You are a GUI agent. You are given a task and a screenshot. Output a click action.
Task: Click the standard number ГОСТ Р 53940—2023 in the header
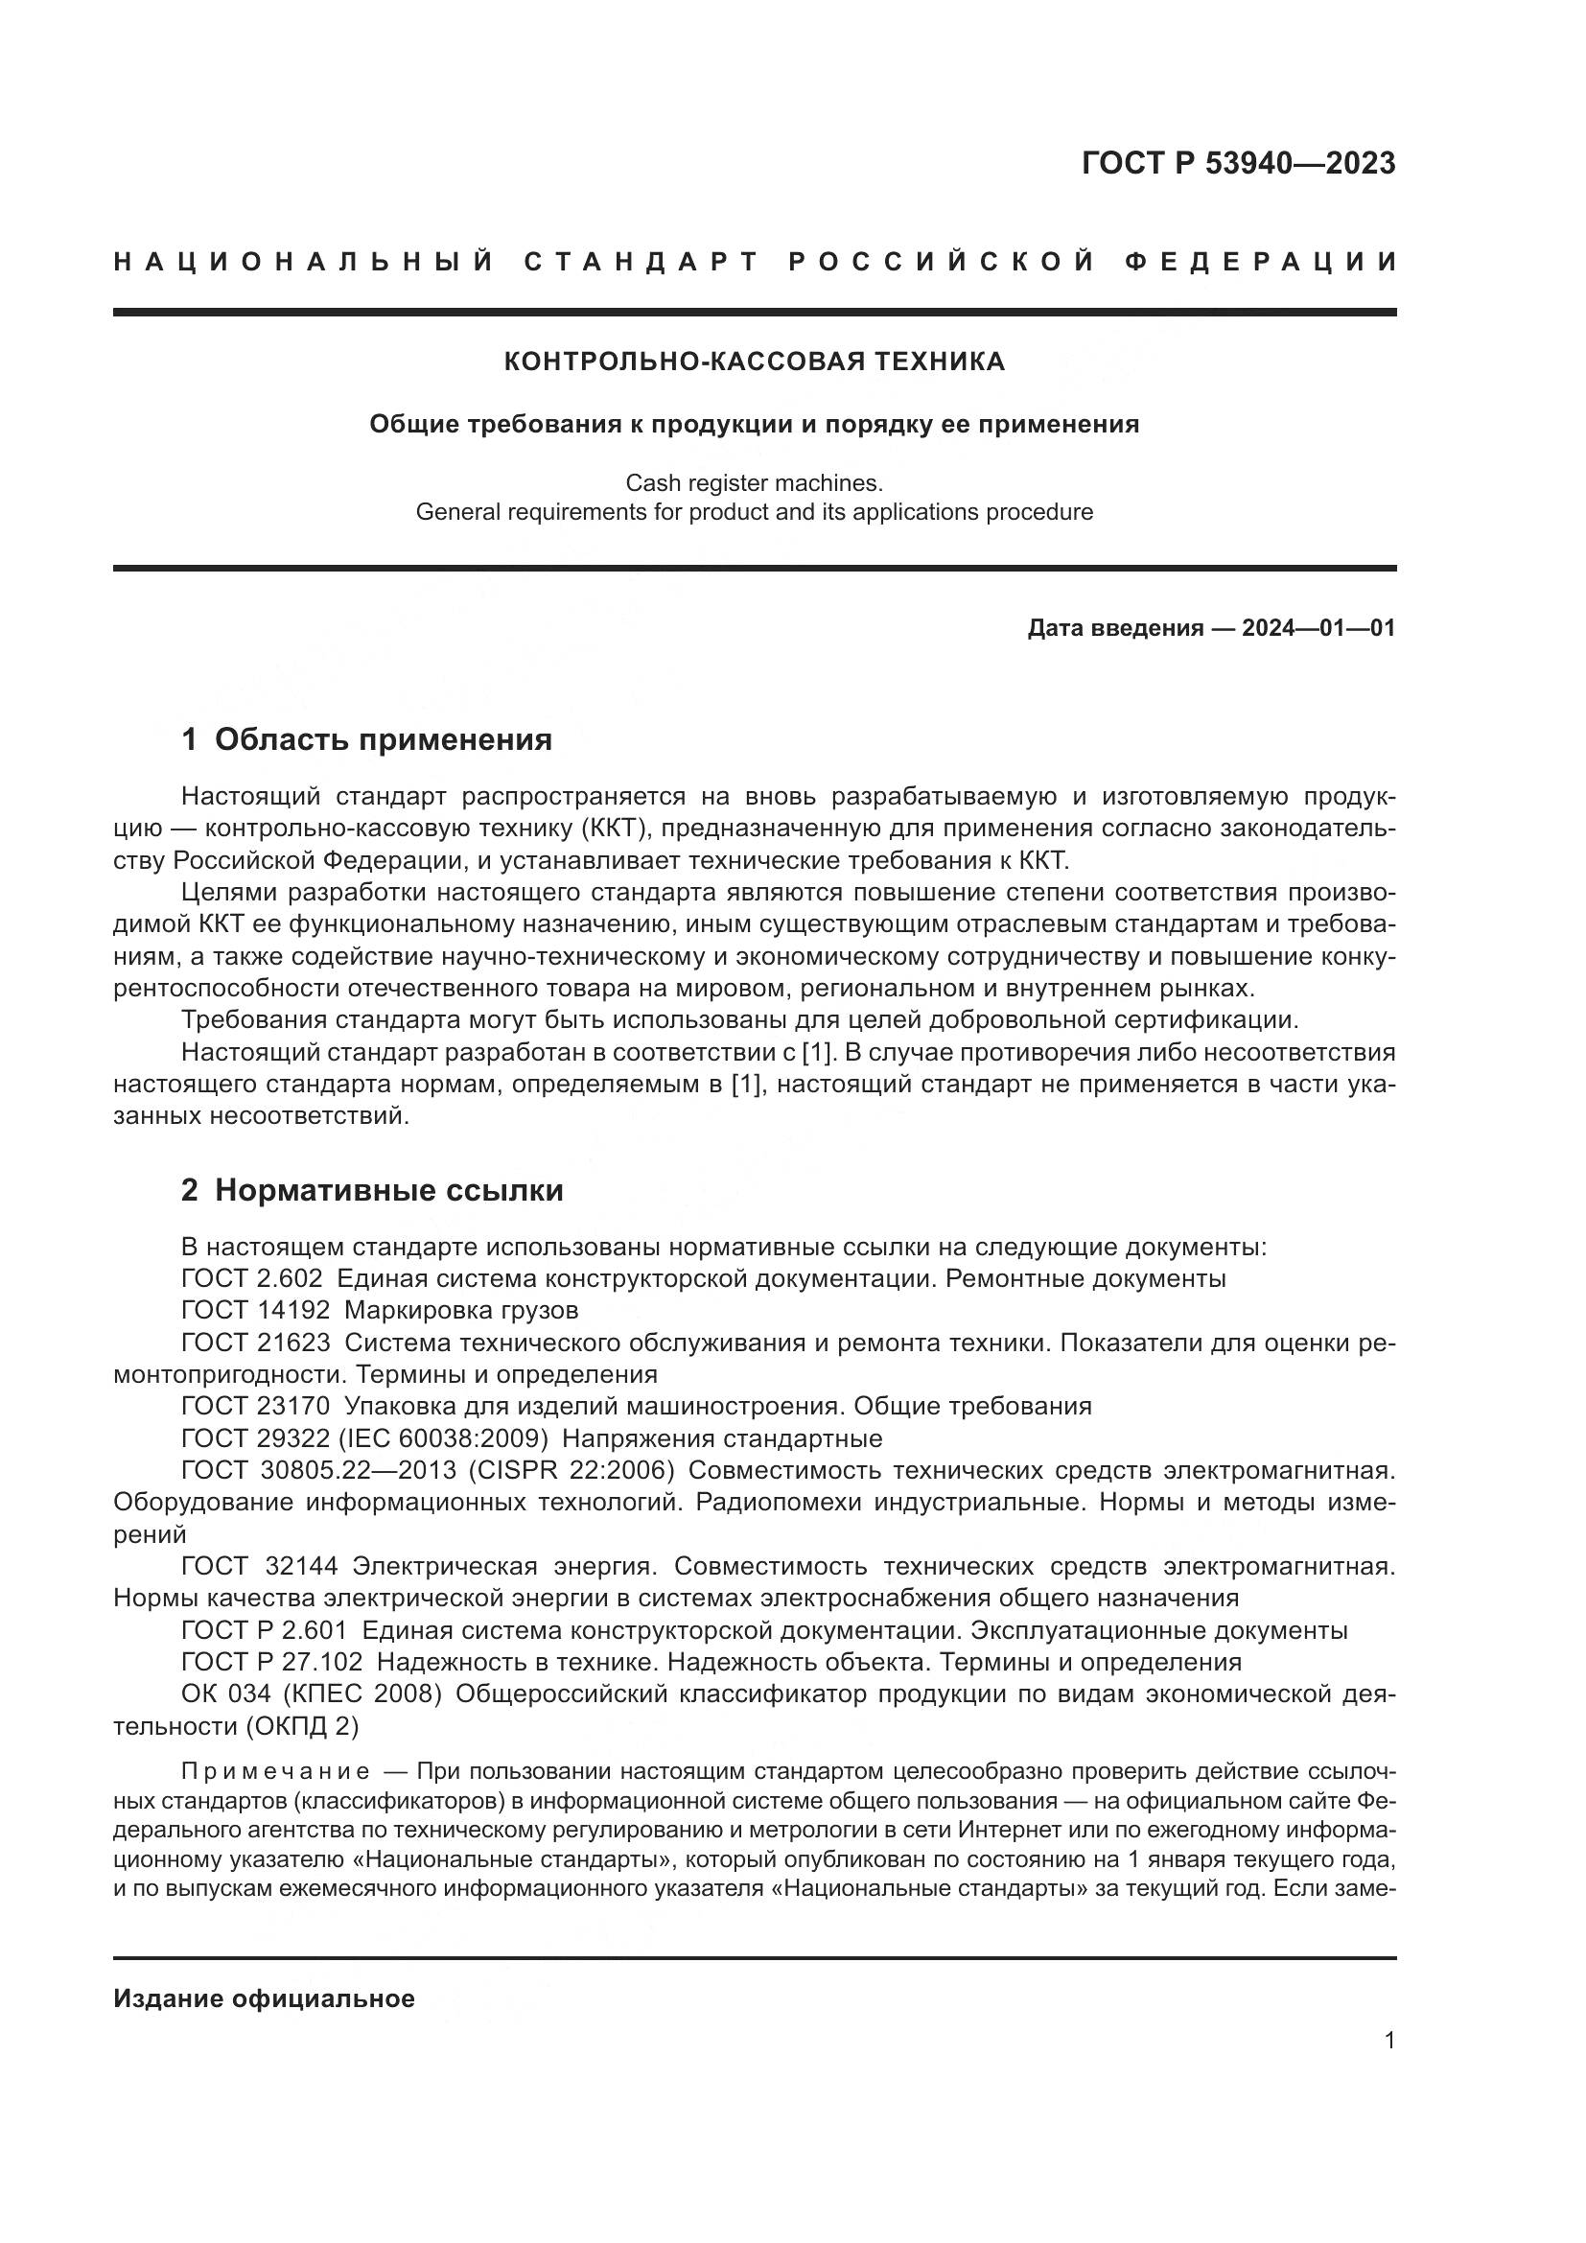1237,163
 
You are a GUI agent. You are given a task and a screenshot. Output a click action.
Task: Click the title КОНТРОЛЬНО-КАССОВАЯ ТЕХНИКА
754,362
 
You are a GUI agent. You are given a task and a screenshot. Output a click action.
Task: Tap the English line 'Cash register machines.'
754,482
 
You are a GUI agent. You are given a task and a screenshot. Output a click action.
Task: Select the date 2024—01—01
1318,628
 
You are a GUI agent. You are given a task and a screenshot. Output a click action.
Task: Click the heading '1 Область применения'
366,739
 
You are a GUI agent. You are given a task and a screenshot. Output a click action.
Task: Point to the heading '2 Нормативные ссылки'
372,1190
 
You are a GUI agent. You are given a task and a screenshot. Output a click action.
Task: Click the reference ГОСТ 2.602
251,1279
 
